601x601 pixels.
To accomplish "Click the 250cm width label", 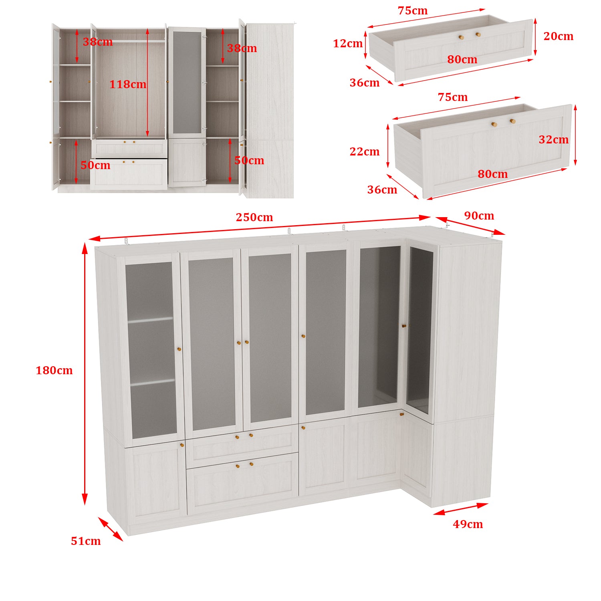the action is coord(254,217).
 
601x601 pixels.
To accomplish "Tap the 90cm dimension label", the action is coord(479,216).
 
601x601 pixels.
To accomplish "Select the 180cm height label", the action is coord(54,370).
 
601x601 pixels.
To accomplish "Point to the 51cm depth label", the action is coord(86,541).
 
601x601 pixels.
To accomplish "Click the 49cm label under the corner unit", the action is coord(468,524).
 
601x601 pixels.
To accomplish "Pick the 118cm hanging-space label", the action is coord(128,84).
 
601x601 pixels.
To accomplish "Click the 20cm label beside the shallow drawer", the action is coord(558,36).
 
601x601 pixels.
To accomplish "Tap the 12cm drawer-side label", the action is coord(348,43).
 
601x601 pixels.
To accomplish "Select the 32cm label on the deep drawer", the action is coord(553,139).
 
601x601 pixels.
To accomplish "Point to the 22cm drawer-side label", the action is coord(364,151).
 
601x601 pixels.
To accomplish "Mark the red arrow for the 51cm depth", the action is coord(111,529).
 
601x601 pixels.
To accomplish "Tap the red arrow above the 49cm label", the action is coord(461,509).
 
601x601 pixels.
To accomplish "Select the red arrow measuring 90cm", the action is coord(470,226).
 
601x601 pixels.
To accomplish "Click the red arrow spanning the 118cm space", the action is coord(147,82).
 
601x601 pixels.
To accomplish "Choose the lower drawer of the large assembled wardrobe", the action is coord(243,483).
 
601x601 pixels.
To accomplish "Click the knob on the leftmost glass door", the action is coord(179,349).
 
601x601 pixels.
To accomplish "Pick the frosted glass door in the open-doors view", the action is coord(187,83).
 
